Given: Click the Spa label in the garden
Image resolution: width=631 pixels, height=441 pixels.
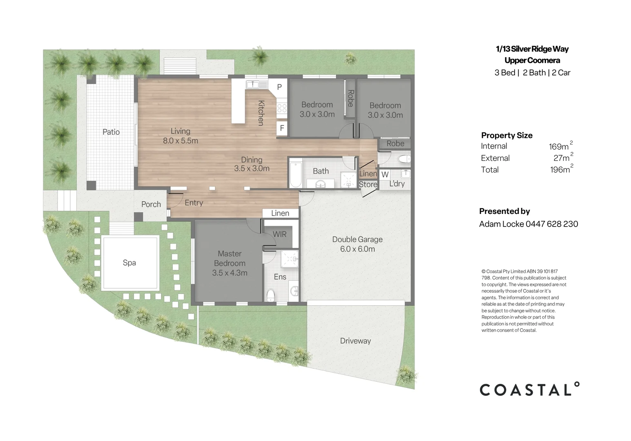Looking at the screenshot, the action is click(129, 263).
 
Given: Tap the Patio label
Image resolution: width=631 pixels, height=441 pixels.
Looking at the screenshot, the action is click(111, 132).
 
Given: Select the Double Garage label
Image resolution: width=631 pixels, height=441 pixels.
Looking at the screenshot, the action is click(357, 239).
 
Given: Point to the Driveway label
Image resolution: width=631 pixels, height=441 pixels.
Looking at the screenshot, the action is click(355, 341).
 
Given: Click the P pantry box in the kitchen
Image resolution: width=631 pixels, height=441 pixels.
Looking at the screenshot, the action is click(279, 87).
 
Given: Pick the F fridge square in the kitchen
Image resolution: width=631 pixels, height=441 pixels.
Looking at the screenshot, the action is click(282, 128).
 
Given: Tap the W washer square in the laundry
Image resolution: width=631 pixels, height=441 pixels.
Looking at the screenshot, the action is click(385, 175).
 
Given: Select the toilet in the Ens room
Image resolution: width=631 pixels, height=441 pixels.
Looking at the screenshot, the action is click(270, 295).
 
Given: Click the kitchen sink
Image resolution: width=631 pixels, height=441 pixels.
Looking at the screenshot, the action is click(253, 84).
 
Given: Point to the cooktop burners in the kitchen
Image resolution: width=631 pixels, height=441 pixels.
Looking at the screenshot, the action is click(282, 109).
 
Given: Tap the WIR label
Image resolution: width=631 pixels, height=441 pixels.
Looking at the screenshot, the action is click(279, 234).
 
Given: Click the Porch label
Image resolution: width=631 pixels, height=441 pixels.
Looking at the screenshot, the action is click(151, 204).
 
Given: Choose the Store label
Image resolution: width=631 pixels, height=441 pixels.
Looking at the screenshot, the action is click(368, 185).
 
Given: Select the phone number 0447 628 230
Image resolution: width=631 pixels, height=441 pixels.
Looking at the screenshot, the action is click(551, 224).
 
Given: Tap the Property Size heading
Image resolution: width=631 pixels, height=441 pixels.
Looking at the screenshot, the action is click(507, 135).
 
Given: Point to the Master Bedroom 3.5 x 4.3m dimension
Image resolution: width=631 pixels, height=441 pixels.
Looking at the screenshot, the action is click(230, 273).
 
